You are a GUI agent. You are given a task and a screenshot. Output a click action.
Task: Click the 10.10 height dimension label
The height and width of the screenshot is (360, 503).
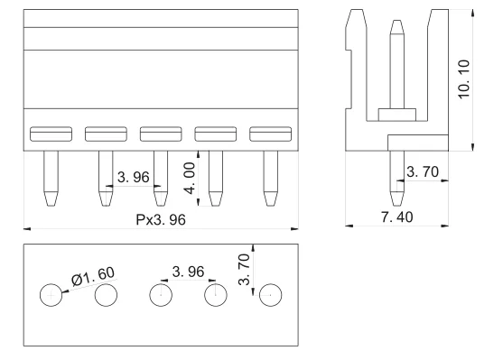pos(464,79)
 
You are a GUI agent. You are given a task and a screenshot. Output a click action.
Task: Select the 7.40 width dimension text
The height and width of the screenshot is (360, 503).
pos(396,217)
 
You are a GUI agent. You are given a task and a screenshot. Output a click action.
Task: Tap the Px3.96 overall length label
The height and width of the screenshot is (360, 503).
pos(161,219)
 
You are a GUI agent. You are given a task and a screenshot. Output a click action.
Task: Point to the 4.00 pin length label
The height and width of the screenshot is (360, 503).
pos(190,179)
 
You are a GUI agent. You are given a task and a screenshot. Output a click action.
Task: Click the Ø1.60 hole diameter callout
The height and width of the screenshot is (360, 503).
pos(93,276)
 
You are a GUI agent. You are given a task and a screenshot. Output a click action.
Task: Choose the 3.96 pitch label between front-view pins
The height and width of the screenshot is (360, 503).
pos(133,177)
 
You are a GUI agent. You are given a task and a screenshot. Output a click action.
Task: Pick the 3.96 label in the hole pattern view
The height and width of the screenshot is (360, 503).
pos(188,272)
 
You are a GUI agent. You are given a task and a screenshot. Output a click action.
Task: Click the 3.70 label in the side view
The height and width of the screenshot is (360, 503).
pos(423,171)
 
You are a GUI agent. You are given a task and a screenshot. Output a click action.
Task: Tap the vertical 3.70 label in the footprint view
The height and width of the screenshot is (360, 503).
pos(244,269)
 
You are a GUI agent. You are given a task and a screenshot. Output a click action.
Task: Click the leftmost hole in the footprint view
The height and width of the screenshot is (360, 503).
pos(51,295)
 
